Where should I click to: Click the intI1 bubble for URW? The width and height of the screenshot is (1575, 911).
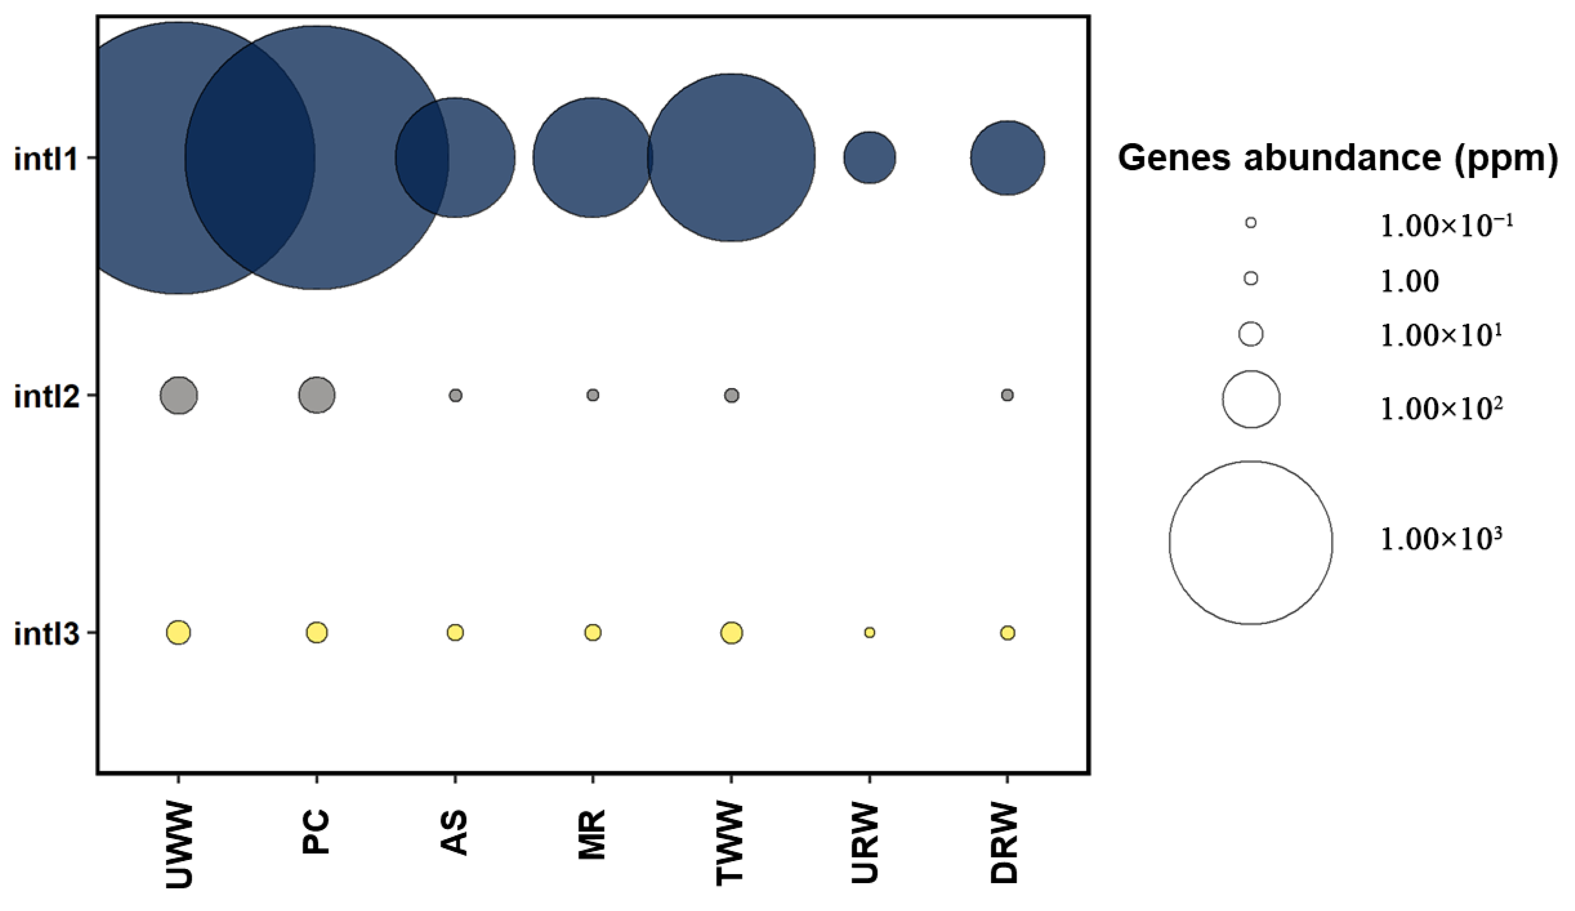click(x=869, y=158)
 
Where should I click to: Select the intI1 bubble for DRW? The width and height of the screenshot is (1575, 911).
click(x=1007, y=158)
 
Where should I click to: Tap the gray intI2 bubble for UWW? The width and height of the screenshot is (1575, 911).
click(x=179, y=395)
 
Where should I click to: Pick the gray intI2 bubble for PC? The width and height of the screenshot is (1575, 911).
click(x=317, y=395)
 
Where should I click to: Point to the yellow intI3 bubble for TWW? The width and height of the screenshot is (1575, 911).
click(x=731, y=633)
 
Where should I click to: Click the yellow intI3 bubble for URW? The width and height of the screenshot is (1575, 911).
click(x=869, y=633)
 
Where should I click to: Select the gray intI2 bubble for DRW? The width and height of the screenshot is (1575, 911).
click(x=1007, y=395)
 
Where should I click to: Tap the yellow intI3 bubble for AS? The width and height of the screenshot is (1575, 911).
click(x=455, y=633)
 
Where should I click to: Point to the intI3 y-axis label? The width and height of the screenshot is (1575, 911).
click(x=47, y=634)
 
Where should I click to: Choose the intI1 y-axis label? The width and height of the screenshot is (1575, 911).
click(x=47, y=159)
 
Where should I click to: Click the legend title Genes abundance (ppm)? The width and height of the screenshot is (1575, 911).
click(x=1337, y=158)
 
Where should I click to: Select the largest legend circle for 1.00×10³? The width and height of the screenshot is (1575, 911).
click(x=1251, y=543)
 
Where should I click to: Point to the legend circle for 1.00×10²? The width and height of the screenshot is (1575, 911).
click(x=1251, y=399)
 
